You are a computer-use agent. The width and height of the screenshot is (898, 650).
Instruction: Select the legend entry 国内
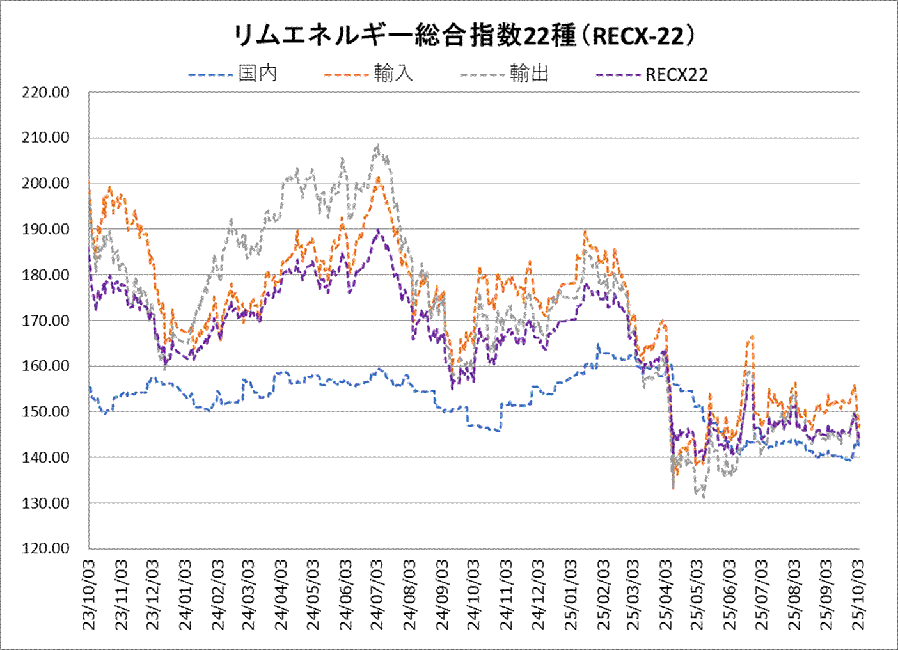point(258,74)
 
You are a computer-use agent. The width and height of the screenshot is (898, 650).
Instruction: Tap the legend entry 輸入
point(393,74)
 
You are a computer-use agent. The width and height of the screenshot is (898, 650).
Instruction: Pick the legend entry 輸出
point(529,74)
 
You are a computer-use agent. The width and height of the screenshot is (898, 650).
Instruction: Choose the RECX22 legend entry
point(676,75)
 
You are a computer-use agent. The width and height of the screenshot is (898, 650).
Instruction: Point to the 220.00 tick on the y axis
point(45,92)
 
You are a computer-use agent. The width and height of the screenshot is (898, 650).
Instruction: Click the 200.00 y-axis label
point(45,184)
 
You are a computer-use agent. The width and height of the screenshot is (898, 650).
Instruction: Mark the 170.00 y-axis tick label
point(45,321)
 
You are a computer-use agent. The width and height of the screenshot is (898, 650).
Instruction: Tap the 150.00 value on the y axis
point(45,412)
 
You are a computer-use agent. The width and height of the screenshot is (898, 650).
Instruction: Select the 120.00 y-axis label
point(45,548)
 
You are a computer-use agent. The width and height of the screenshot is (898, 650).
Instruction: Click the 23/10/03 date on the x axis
point(89,594)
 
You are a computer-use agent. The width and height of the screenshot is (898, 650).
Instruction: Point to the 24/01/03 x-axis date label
point(185,594)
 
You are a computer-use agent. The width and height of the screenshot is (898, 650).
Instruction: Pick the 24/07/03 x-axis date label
point(377,594)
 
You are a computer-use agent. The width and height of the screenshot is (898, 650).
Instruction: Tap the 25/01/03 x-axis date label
point(571,594)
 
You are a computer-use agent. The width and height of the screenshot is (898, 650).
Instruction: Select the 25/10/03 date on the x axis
point(858,594)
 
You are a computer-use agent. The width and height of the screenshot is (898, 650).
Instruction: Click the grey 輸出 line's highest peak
point(377,145)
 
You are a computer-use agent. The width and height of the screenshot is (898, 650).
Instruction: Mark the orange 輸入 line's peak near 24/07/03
point(378,178)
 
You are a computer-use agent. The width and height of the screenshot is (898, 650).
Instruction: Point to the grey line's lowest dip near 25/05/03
point(704,496)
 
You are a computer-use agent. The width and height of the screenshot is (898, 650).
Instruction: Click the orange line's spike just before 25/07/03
point(752,335)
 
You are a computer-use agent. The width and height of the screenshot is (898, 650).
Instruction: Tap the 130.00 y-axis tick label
point(45,503)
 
